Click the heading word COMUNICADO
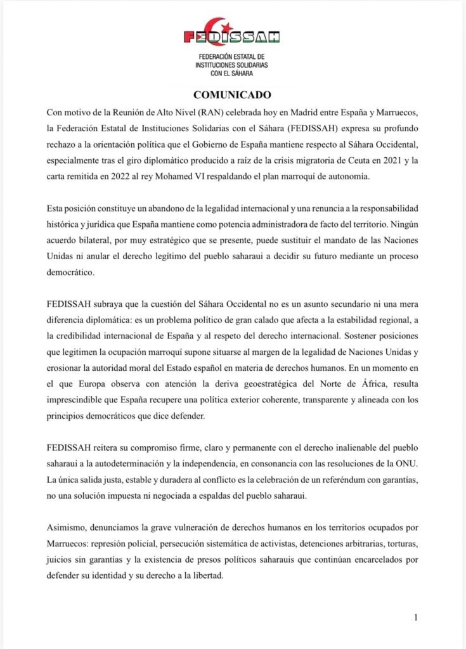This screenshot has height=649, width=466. (232, 95)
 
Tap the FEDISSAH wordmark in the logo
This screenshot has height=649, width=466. (232, 37)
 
